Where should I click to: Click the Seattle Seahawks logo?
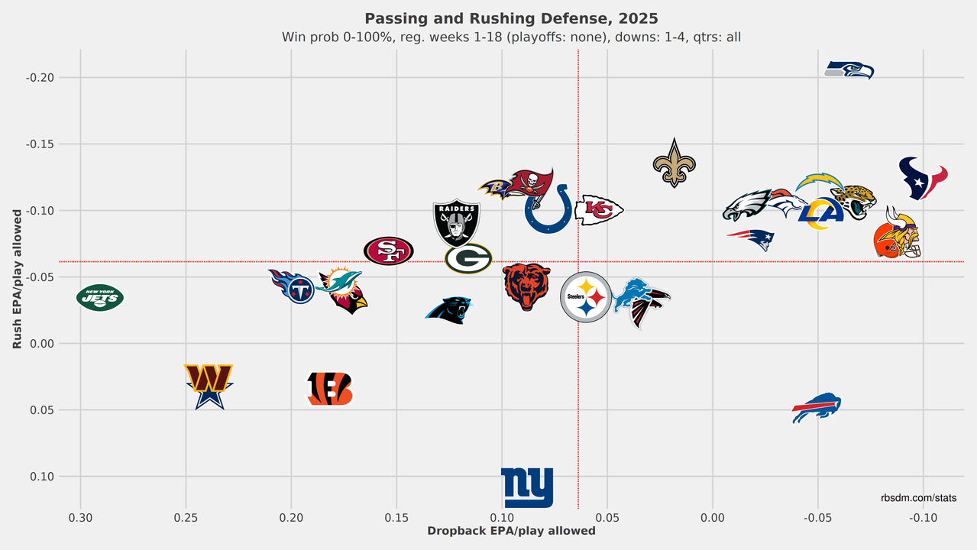tap(849, 70)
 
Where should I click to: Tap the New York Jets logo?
tap(100, 297)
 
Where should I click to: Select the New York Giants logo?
tap(527, 487)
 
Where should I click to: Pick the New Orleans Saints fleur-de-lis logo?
tap(674, 163)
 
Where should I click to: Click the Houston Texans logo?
tap(922, 178)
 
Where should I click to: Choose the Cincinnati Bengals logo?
tap(330, 389)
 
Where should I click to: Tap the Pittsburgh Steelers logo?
tap(586, 297)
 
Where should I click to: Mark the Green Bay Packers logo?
tap(468, 258)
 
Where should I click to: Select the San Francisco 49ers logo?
tap(388, 251)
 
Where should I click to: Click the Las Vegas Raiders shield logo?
tap(456, 222)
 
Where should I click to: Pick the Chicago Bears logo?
tap(526, 286)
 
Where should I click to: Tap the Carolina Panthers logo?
tap(449, 309)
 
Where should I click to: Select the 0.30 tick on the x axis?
tap(80, 518)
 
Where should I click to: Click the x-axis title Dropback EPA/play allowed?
tap(511, 531)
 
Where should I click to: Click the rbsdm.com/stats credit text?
tap(918, 498)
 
